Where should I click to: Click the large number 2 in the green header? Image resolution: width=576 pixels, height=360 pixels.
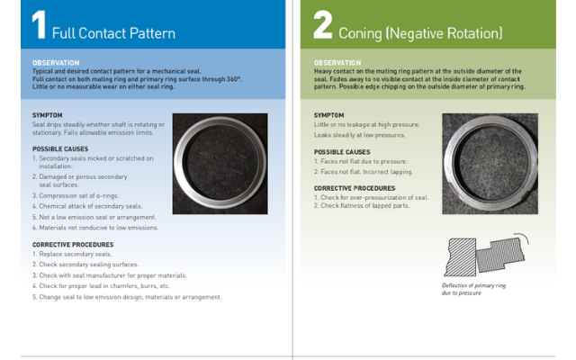[322, 25]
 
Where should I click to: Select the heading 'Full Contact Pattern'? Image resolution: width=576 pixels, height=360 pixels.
[113, 33]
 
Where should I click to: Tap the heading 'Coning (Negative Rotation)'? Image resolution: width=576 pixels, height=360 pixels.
[420, 33]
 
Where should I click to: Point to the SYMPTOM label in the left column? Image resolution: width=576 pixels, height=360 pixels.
[49, 115]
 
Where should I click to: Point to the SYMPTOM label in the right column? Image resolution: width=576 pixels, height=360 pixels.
[328, 115]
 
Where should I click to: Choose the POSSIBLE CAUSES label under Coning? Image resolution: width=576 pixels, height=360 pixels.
[342, 152]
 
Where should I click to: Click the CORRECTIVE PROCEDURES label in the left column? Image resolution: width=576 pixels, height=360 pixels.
[73, 244]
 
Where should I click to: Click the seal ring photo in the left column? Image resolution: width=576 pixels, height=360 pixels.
[220, 163]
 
